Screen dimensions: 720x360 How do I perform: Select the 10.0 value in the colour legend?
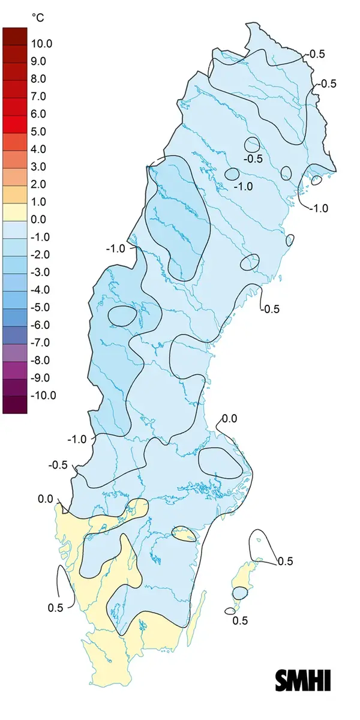[43, 44]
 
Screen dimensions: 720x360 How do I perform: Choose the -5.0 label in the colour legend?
[43, 307]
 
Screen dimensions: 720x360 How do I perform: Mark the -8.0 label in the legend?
[43, 360]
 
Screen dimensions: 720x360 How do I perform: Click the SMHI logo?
[303, 680]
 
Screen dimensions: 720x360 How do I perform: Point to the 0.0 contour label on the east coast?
[230, 418]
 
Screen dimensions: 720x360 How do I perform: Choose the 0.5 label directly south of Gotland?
[240, 620]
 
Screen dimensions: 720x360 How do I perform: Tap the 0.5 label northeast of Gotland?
[285, 562]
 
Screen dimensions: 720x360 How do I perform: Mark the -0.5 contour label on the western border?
[58, 465]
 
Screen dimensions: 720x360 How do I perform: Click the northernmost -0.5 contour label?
[316, 54]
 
